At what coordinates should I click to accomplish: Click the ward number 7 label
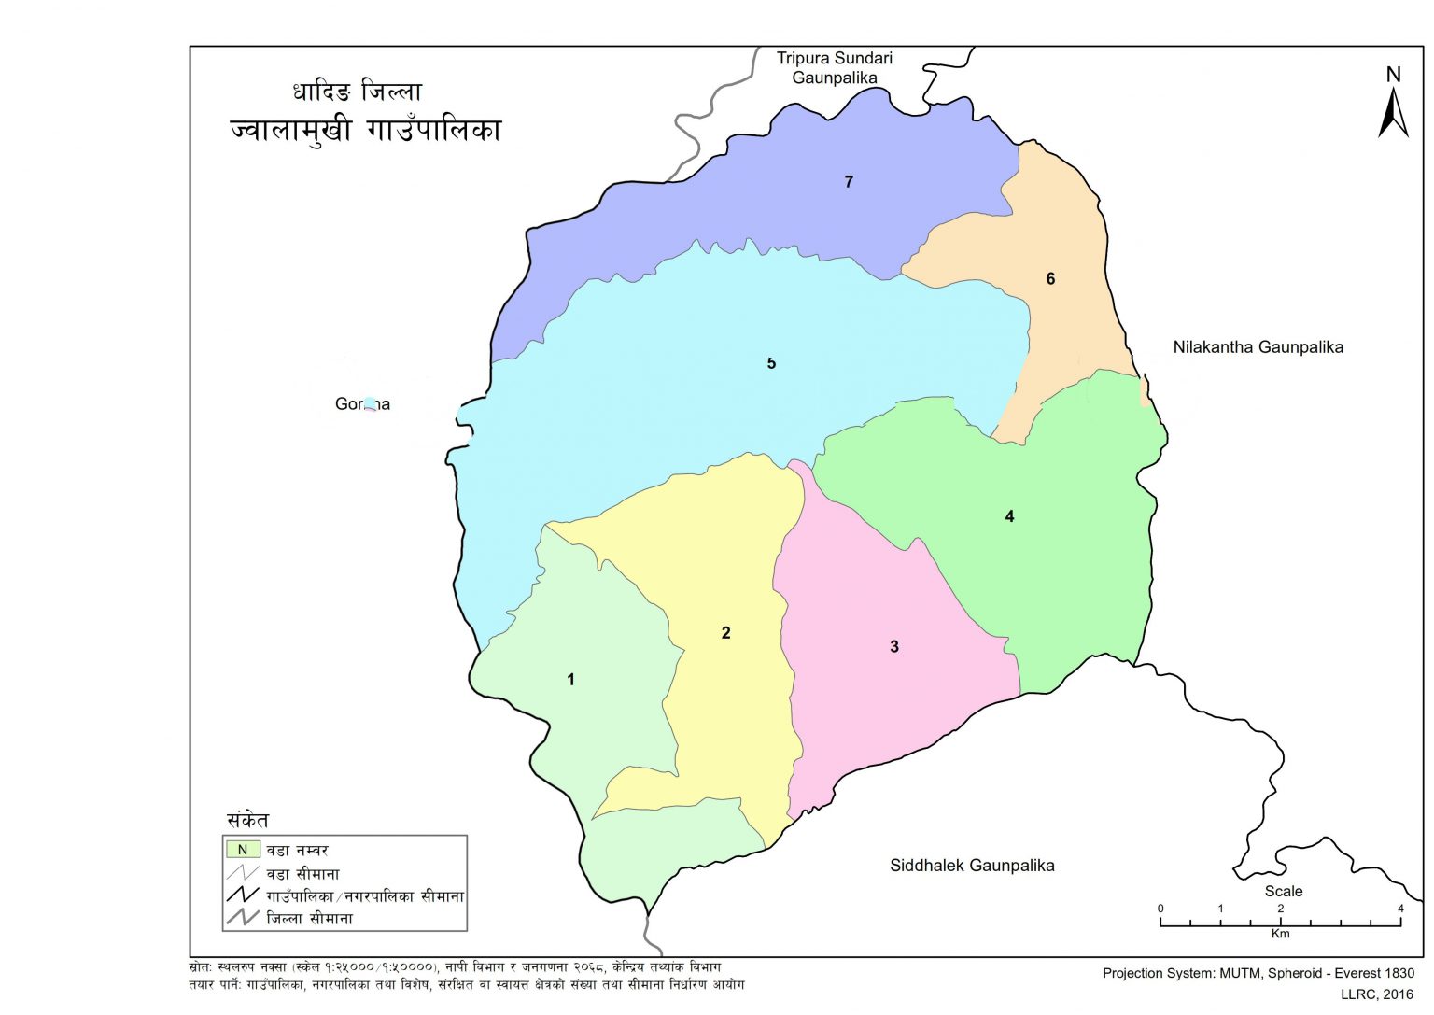point(849,182)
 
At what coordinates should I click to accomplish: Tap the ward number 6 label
point(1050,278)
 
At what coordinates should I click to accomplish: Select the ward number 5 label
point(771,363)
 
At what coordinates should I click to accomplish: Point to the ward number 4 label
point(1009,516)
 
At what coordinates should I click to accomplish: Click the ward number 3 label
point(894,646)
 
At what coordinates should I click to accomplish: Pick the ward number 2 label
point(725,633)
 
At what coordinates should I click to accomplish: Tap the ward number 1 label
point(571,680)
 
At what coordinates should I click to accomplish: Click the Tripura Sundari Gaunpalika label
point(835,68)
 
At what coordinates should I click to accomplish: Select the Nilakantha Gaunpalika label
point(1258,347)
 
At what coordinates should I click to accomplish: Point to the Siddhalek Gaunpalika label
point(972,866)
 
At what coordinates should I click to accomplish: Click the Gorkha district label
point(362,404)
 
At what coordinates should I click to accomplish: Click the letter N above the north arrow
point(1393,75)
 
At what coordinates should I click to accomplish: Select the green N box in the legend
point(243,850)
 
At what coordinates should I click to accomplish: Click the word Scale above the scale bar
point(1283,891)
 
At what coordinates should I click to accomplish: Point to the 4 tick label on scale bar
point(1399,909)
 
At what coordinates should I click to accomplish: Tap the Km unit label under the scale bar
point(1280,934)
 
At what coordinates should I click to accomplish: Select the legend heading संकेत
point(247,821)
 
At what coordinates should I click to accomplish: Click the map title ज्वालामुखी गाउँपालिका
point(366,130)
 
